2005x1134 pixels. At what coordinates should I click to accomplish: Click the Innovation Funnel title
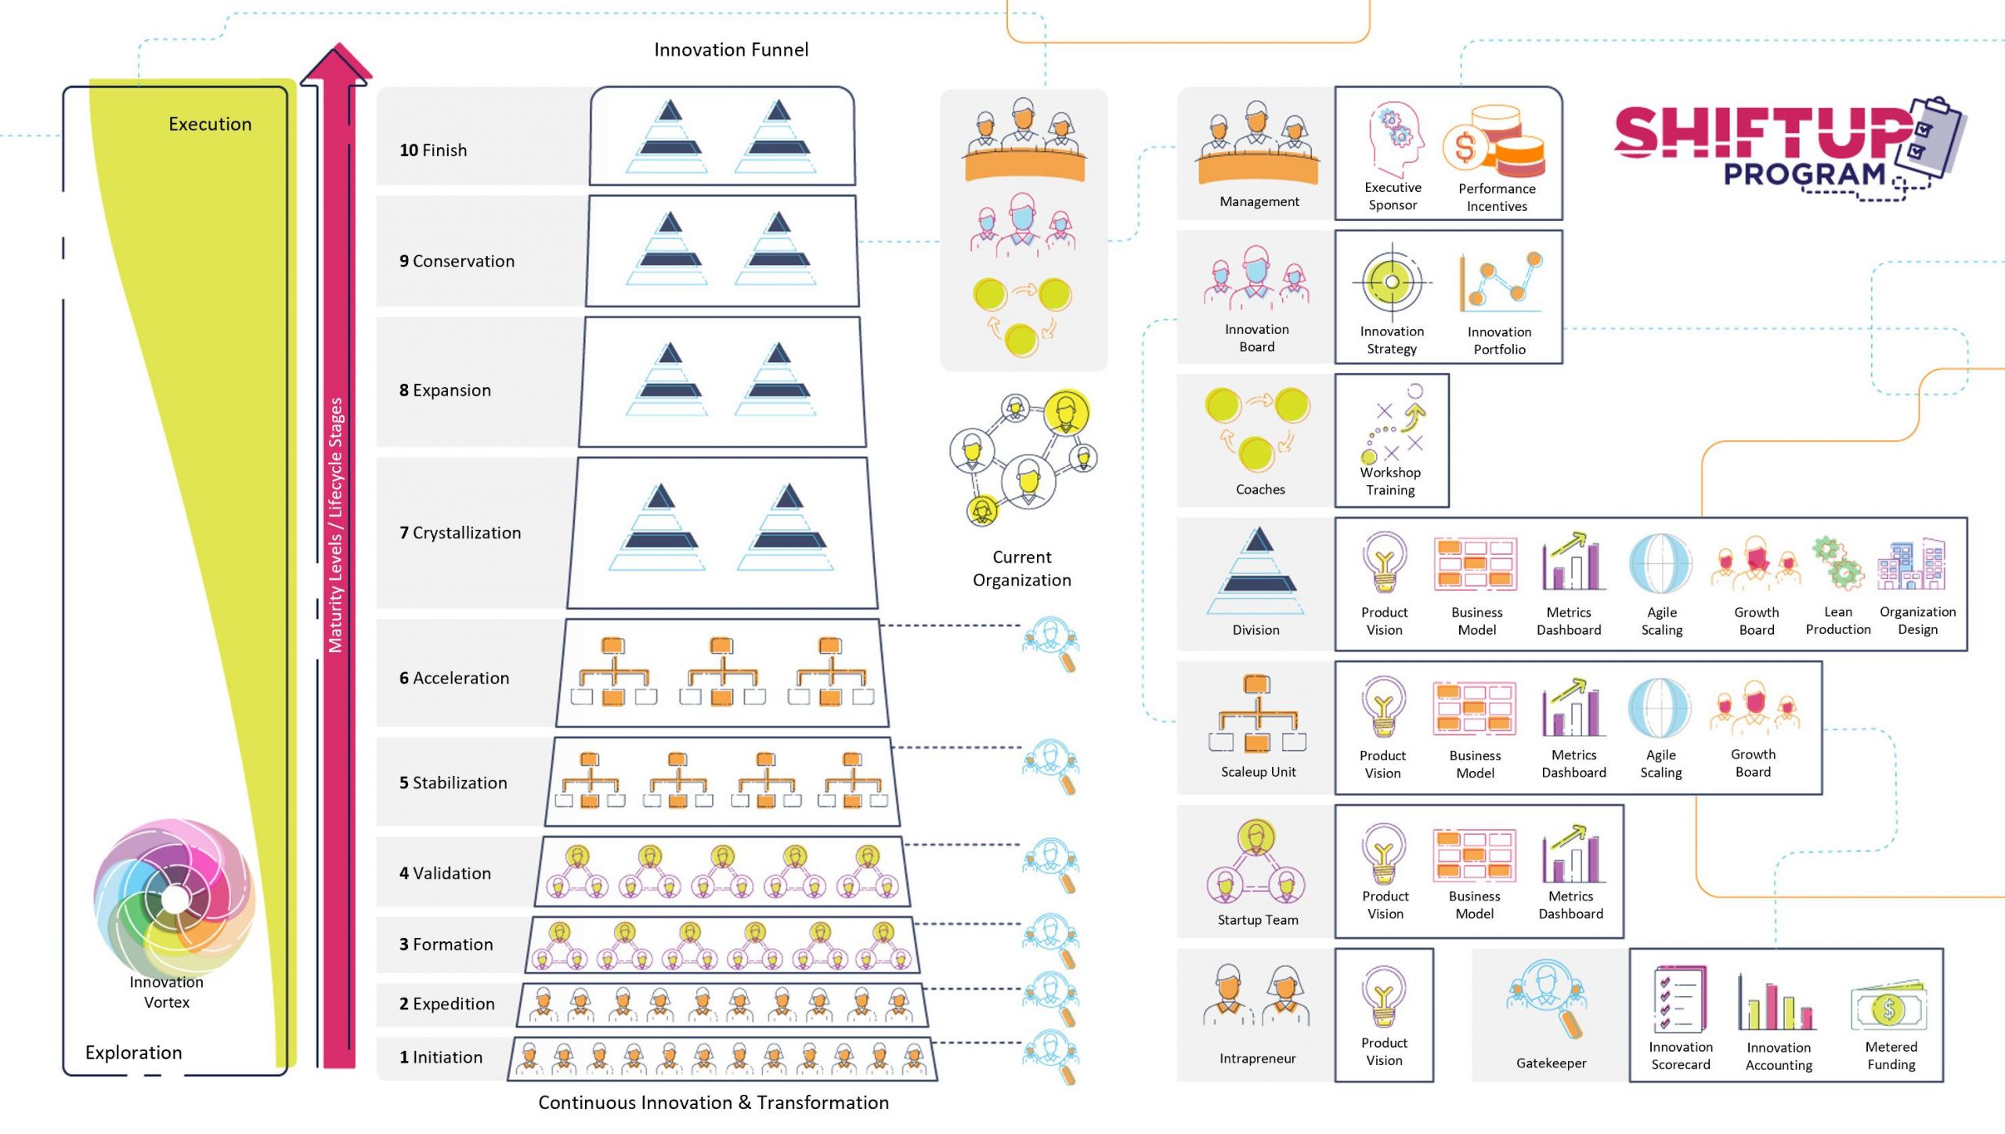click(x=731, y=50)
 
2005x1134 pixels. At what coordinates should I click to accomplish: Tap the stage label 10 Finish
click(x=433, y=150)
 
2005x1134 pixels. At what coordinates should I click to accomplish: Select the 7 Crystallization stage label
click(x=460, y=533)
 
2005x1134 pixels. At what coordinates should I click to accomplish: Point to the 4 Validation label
click(x=445, y=873)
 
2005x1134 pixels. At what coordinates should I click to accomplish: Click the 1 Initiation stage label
click(x=441, y=1057)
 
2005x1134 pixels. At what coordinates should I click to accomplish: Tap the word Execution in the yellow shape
click(x=210, y=124)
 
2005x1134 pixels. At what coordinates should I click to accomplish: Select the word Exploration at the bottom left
click(x=133, y=1052)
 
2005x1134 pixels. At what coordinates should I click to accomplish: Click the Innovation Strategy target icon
click(x=1392, y=282)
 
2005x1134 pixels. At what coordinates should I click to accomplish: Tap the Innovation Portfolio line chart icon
click(x=1499, y=284)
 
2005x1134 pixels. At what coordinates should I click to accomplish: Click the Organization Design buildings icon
click(x=1912, y=564)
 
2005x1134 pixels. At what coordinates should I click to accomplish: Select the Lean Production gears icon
click(x=1837, y=563)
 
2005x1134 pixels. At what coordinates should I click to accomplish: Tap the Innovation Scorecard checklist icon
click(x=1680, y=998)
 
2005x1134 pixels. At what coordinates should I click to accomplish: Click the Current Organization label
click(x=1021, y=568)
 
